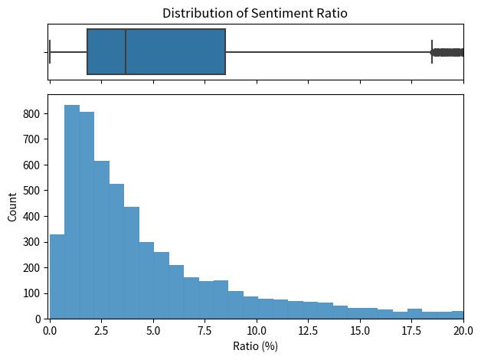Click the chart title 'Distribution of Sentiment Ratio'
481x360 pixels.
click(x=255, y=13)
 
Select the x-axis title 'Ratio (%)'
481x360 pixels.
click(x=255, y=346)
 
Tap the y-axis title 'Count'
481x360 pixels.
click(x=12, y=207)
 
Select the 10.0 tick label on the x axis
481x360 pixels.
click(x=257, y=330)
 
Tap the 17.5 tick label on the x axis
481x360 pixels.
click(x=412, y=330)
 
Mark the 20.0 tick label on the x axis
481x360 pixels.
click(x=463, y=330)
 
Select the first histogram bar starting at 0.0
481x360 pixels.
click(x=57, y=276)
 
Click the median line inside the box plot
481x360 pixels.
click(x=126, y=52)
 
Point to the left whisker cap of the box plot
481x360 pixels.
click(x=50, y=52)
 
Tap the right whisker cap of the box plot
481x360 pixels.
click(x=432, y=52)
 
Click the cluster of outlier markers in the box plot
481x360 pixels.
click(x=448, y=52)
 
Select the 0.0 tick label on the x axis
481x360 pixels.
click(x=50, y=330)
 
